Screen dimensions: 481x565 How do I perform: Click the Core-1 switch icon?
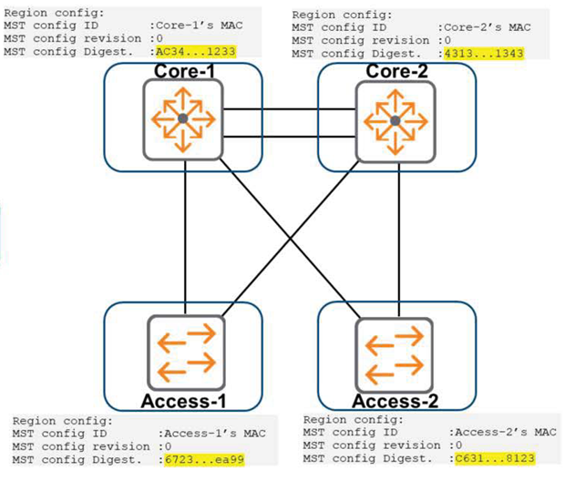click(x=182, y=118)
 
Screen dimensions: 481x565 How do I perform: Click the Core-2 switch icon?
click(x=395, y=118)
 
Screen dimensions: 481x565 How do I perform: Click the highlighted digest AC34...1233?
click(x=195, y=53)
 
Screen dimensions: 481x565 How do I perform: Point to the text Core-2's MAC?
click(x=483, y=27)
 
